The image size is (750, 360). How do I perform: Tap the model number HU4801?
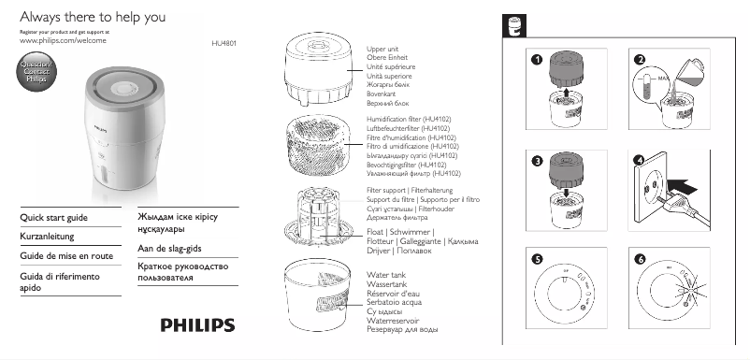(226, 43)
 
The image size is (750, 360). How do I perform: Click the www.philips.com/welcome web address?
(57, 43)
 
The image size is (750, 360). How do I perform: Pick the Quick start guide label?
(54, 218)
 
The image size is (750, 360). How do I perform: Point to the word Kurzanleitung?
(47, 238)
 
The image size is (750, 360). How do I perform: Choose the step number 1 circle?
(536, 61)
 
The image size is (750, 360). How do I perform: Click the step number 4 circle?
(640, 161)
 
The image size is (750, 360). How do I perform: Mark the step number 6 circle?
(640, 259)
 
